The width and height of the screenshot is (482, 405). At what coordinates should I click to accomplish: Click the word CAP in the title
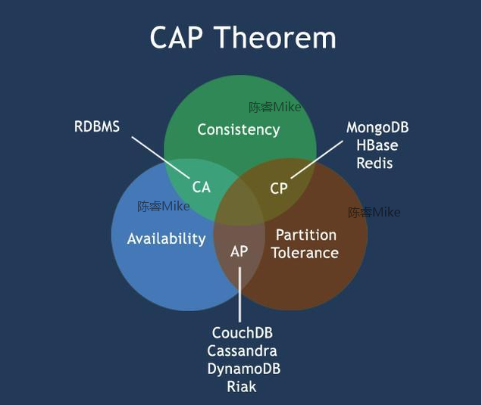179,37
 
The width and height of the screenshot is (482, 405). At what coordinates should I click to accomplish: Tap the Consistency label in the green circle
238,129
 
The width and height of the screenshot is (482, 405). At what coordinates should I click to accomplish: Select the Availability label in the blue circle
166,238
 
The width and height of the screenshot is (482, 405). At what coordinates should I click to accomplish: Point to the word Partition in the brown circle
305,235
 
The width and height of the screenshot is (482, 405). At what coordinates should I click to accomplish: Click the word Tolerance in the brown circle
305,253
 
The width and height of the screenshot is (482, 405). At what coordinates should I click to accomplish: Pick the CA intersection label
201,186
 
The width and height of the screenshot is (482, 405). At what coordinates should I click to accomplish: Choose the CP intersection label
279,188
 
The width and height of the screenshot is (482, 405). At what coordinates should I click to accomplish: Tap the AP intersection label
239,251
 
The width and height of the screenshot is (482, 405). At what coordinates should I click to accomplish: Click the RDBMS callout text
97,126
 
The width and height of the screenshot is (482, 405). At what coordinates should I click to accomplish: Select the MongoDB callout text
377,127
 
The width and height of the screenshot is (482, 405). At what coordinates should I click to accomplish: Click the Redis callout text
375,164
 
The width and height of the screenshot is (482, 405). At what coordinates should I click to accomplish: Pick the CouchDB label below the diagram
242,333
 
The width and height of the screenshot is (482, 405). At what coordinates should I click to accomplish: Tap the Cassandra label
242,351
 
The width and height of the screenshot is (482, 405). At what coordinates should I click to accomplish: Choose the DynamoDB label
243,369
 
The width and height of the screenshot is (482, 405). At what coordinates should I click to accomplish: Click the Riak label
242,387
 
